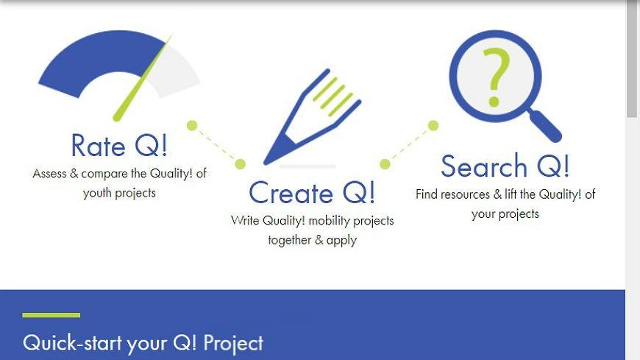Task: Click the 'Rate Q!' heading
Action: (119, 146)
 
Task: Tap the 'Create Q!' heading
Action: (312, 193)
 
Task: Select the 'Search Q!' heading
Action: (505, 166)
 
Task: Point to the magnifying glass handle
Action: (546, 127)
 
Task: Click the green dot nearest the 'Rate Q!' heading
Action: (192, 125)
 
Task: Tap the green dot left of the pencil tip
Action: (241, 164)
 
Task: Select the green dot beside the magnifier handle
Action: (433, 125)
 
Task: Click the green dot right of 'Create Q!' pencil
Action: (385, 164)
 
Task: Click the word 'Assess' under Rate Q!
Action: (49, 174)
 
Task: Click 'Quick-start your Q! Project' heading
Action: (143, 343)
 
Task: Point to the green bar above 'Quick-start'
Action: (51, 315)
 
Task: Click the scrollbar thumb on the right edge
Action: (632, 59)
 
